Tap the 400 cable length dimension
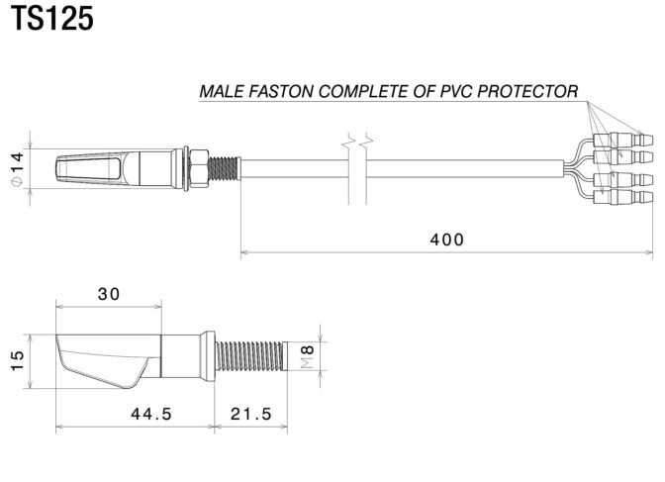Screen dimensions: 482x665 446,240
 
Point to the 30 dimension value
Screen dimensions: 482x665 109,294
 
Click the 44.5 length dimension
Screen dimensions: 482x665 150,415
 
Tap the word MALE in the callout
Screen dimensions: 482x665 221,91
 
